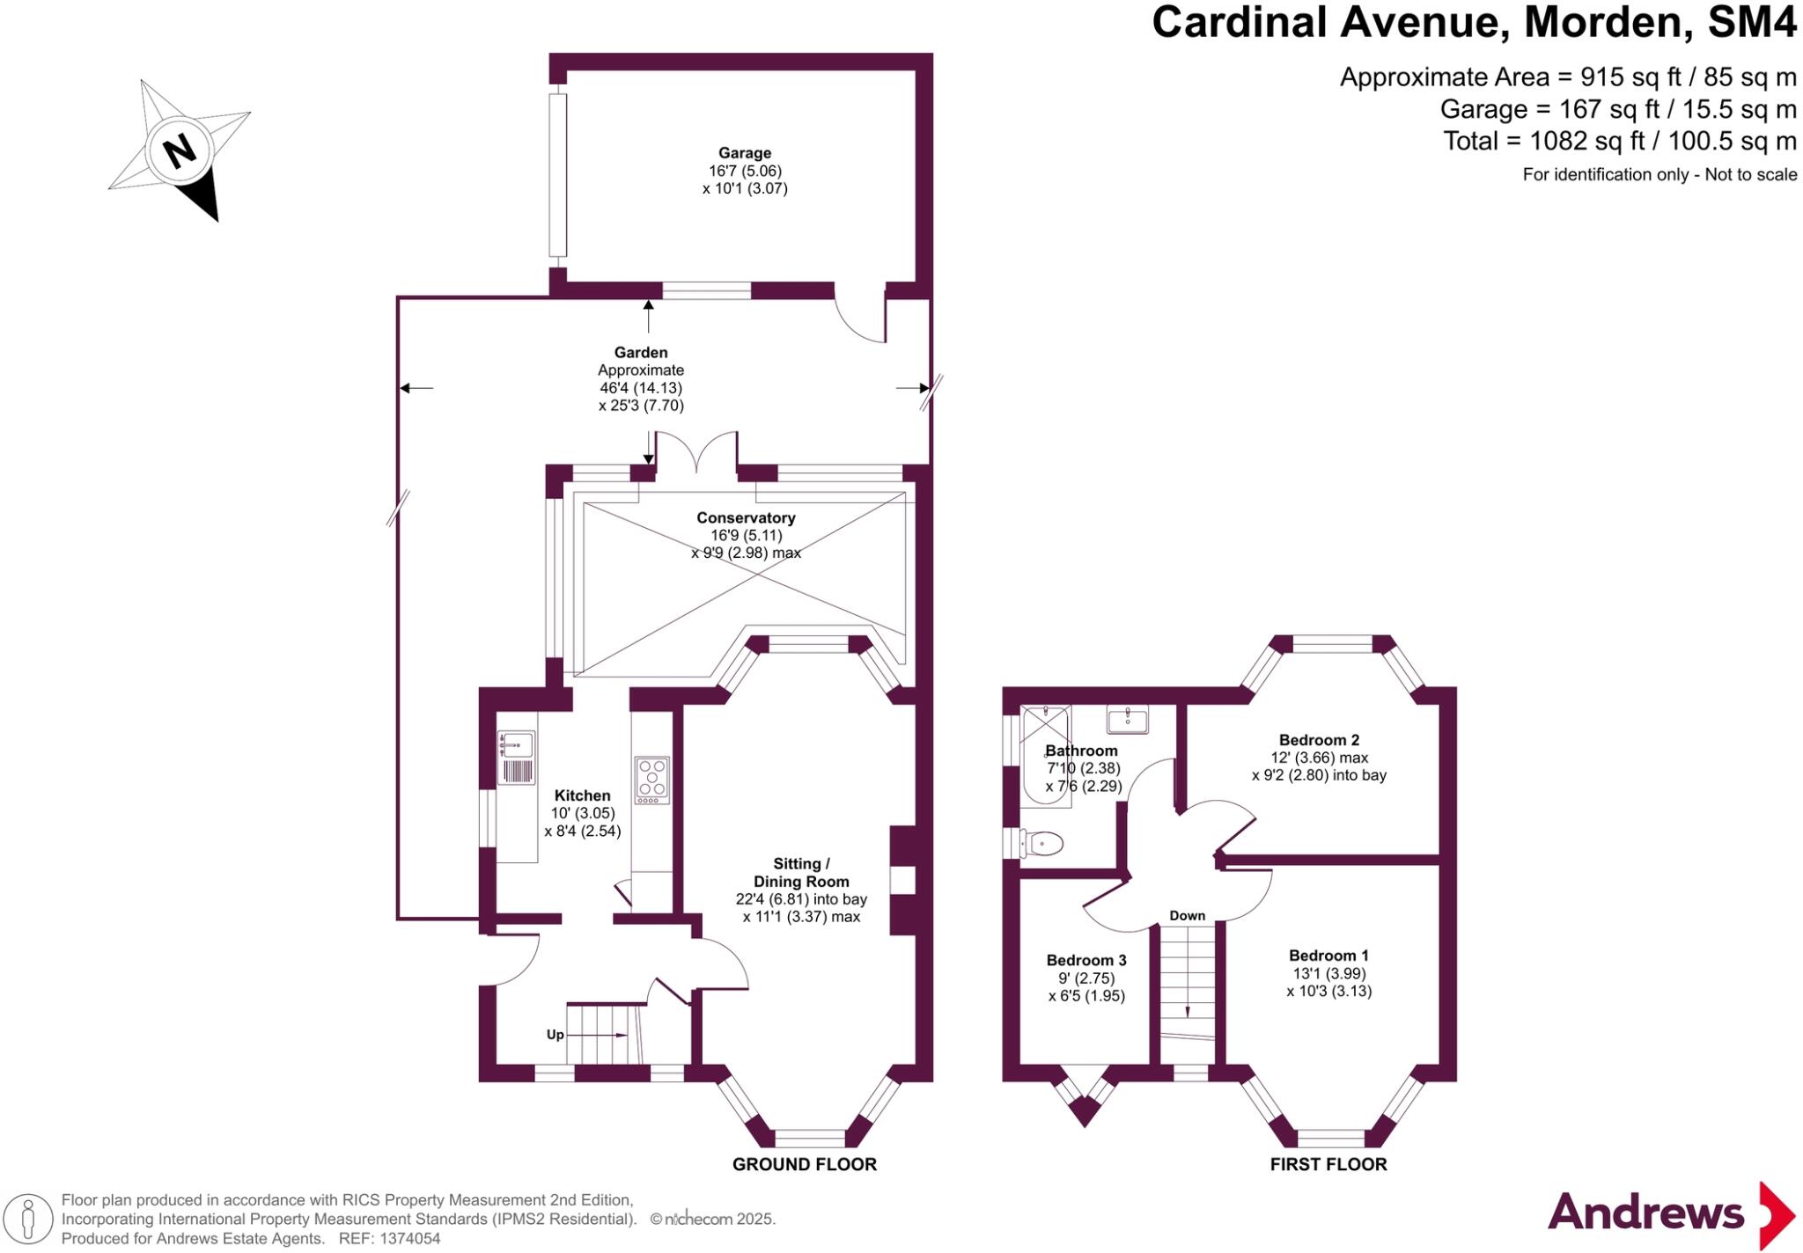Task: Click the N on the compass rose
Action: pyautogui.click(x=180, y=150)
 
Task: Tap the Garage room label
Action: pyautogui.click(x=744, y=153)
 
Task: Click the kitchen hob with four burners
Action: pyautogui.click(x=651, y=780)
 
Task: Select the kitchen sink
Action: pyautogui.click(x=517, y=744)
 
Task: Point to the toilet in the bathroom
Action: pyautogui.click(x=1044, y=844)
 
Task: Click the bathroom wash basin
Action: pyautogui.click(x=1128, y=720)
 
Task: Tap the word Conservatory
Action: pyautogui.click(x=746, y=518)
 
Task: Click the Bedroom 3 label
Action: pyautogui.click(x=1085, y=960)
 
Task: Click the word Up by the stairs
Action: pyautogui.click(x=555, y=1035)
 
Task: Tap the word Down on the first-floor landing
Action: pyautogui.click(x=1187, y=916)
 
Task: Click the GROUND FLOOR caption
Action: pyautogui.click(x=805, y=1164)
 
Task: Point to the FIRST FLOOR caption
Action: pyautogui.click(x=1328, y=1164)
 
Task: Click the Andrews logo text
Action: pyautogui.click(x=1645, y=1213)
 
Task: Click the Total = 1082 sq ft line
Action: pyautogui.click(x=1619, y=141)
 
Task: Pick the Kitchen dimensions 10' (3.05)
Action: pyautogui.click(x=582, y=813)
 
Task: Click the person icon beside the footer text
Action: pyautogui.click(x=29, y=1220)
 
